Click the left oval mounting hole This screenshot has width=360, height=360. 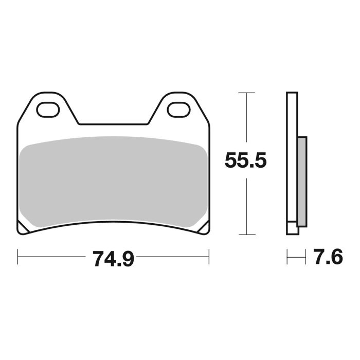pos(47,109)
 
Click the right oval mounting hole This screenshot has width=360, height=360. pos(178,109)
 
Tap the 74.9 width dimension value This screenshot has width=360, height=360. pos(114,258)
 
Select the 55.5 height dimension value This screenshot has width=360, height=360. pos(245,161)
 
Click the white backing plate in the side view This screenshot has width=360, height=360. pos(292,154)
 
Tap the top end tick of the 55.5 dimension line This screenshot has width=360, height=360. pos(247,93)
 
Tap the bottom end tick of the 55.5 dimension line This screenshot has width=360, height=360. pos(247,235)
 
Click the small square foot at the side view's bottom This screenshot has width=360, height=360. pos(292,228)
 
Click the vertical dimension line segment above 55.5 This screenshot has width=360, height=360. pos(247,121)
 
